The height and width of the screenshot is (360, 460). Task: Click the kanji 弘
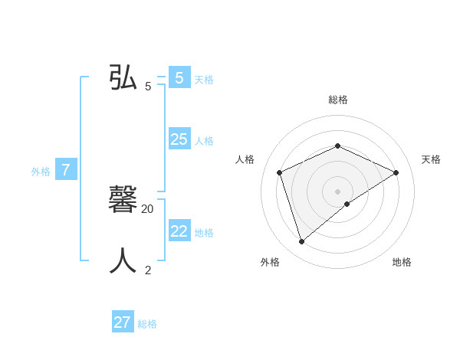click(123, 77)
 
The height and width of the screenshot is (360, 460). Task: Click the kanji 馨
click(123, 200)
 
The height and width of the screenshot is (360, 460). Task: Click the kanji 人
click(123, 261)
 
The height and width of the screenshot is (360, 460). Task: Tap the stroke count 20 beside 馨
click(148, 208)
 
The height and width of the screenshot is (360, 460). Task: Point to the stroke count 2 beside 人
click(148, 270)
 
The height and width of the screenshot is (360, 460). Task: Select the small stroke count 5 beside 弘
click(148, 86)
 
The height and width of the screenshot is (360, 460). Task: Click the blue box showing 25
click(179, 139)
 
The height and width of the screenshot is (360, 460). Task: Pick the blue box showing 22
click(179, 231)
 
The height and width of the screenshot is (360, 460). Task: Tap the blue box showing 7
click(66, 170)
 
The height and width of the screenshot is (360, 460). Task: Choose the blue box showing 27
click(123, 322)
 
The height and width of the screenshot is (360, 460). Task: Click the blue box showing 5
click(179, 78)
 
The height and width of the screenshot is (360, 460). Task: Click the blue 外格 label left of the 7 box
click(41, 172)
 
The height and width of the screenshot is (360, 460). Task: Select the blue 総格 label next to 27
click(147, 324)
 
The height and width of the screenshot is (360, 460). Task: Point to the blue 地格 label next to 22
click(204, 233)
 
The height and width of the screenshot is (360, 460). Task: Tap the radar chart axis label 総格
click(338, 100)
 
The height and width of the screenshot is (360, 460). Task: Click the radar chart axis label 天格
click(431, 159)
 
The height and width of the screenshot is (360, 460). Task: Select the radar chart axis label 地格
click(402, 262)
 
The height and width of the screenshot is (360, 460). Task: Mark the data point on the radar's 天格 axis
click(396, 172)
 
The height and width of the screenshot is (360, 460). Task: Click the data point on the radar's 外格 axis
click(302, 241)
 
